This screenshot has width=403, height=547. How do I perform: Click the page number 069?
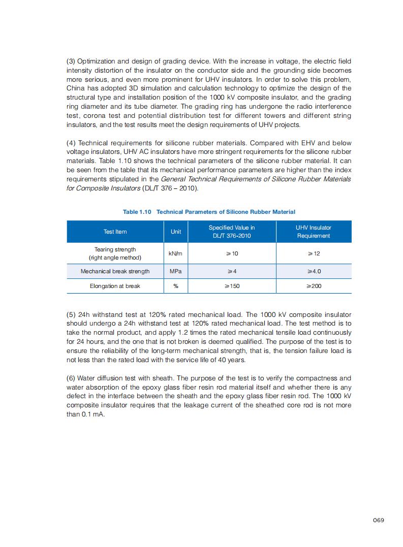tap(378, 520)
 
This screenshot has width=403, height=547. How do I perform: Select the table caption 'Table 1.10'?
tap(137, 212)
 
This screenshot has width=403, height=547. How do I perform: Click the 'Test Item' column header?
tap(115, 232)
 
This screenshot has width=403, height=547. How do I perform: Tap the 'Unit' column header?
tap(175, 232)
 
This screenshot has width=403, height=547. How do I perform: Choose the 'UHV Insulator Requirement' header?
tap(314, 232)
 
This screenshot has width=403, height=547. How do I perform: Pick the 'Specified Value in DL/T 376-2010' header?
tap(232, 232)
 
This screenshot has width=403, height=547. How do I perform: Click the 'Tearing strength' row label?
tap(115, 249)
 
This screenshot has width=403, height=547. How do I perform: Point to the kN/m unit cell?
tap(175, 253)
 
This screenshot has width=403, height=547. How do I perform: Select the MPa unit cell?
tap(175, 271)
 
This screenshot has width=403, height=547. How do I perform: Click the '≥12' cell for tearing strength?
tap(314, 253)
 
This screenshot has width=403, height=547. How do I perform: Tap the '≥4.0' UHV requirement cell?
tap(314, 271)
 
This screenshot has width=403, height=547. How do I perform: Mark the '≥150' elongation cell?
tap(232, 286)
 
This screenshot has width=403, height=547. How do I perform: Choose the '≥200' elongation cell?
tap(314, 286)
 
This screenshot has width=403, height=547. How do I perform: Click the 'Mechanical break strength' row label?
tap(115, 271)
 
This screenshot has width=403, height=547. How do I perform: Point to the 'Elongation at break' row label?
tap(115, 286)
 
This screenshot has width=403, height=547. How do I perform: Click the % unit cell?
tap(175, 286)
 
